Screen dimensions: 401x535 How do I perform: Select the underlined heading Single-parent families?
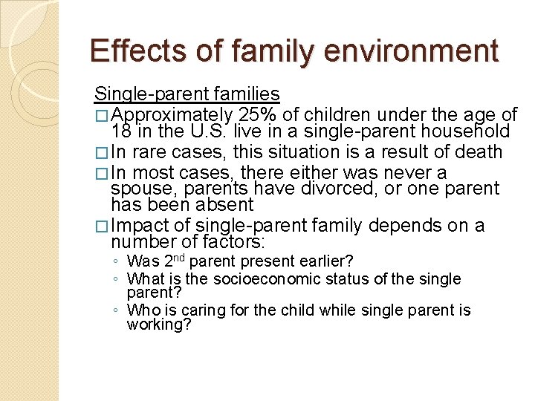coord(187,94)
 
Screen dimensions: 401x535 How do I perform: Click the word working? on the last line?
coord(159,325)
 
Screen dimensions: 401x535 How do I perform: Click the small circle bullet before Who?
coord(116,311)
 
